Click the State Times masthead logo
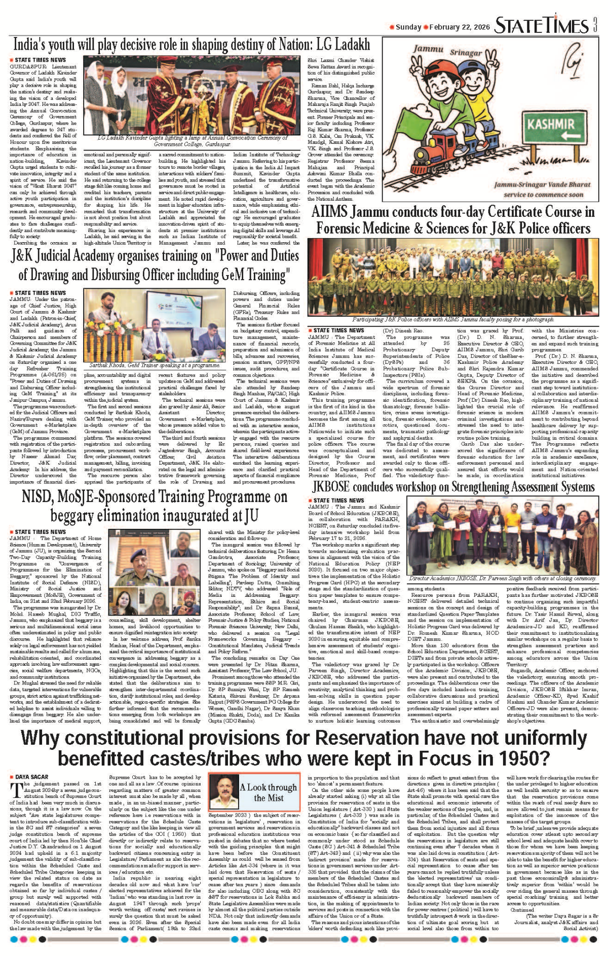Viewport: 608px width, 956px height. [x=541, y=25]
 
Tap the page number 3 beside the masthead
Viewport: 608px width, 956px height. [x=595, y=25]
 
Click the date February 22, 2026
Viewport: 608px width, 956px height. [x=460, y=27]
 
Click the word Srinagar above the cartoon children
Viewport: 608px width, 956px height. [x=466, y=53]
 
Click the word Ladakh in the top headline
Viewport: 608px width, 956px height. [x=349, y=45]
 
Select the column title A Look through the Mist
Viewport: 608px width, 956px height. [x=269, y=792]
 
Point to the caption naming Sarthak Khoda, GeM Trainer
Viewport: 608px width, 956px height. [x=154, y=365]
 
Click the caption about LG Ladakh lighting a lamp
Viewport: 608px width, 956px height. [x=193, y=140]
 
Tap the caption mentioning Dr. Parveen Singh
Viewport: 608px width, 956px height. [x=503, y=578]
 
